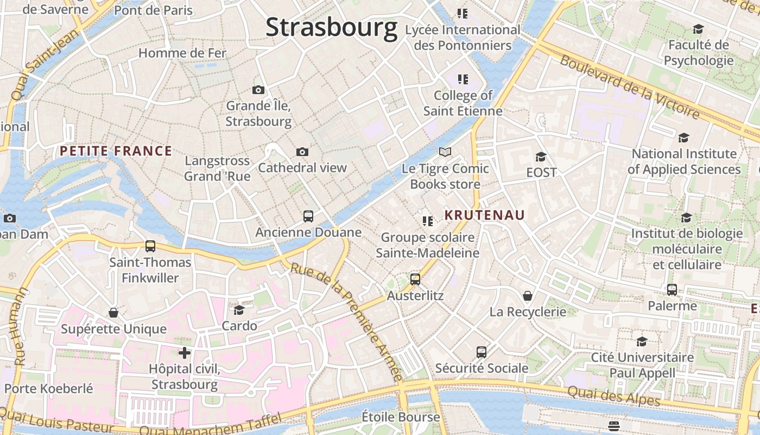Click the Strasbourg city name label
pyautogui.click(x=331, y=27)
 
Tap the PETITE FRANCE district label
pyautogui.click(x=116, y=151)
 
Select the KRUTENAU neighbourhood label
pyautogui.click(x=485, y=215)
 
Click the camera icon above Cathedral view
pyautogui.click(x=302, y=152)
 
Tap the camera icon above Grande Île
pyautogui.click(x=258, y=90)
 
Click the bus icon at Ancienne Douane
pyautogui.click(x=308, y=216)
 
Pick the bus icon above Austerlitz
pyautogui.click(x=415, y=279)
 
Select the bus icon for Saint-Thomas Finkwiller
pyautogui.click(x=150, y=246)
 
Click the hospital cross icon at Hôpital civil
pyautogui.click(x=185, y=353)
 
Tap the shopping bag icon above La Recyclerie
pyautogui.click(x=528, y=296)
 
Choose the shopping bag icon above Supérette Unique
pyautogui.click(x=113, y=313)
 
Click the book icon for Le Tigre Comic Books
pyautogui.click(x=445, y=152)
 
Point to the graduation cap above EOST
pyautogui.click(x=541, y=157)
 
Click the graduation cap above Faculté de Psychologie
pyautogui.click(x=698, y=29)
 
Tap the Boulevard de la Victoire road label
pyautogui.click(x=630, y=87)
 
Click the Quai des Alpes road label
pyautogui.click(x=613, y=395)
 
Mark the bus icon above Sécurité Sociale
pyautogui.click(x=482, y=352)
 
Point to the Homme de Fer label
pyautogui.click(x=182, y=53)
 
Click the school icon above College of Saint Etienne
pyautogui.click(x=463, y=79)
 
